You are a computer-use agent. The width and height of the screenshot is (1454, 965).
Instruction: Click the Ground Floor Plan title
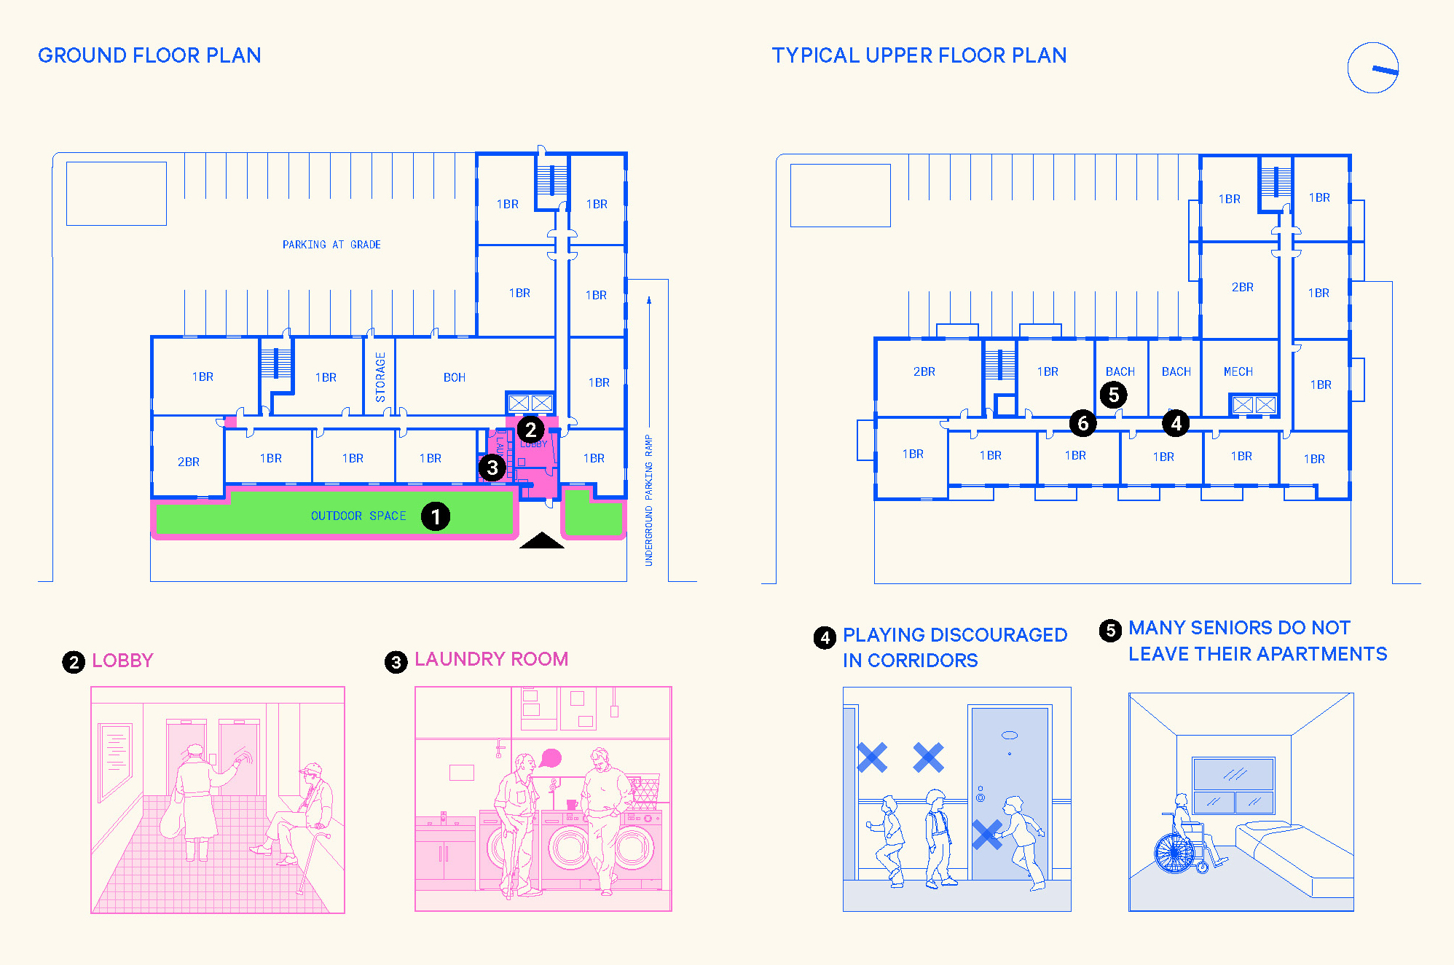pos(149,55)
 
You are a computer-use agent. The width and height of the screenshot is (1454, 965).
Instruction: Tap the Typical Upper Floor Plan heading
pos(919,55)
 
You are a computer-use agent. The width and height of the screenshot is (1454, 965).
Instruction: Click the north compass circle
pos(1372,68)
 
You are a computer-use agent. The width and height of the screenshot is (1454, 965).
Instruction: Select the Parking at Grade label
pos(331,245)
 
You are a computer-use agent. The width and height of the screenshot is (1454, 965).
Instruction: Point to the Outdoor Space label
pos(358,516)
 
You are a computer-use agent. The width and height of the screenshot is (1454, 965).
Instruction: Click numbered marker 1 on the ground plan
pos(436,516)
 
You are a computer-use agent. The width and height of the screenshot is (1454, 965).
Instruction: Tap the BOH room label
pos(454,377)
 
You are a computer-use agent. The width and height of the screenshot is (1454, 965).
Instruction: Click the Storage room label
pos(380,377)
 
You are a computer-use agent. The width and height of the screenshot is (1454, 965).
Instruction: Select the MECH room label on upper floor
pos(1238,371)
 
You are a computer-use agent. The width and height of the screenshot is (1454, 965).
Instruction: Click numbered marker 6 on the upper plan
pos(1083,423)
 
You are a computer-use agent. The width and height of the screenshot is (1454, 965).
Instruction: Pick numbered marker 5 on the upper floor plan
pos(1114,395)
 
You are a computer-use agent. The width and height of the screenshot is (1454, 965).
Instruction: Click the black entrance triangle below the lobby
pos(541,540)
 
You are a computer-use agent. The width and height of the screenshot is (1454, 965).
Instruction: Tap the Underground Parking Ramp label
pos(648,500)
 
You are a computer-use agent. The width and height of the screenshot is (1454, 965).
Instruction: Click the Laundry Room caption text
pos(491,659)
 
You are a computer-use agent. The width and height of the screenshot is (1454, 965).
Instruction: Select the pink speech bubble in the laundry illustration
pos(551,758)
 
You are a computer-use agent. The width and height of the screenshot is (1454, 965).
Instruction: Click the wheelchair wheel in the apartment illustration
pos(1174,853)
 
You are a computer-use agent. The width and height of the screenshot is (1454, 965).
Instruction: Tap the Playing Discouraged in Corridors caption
pos(954,647)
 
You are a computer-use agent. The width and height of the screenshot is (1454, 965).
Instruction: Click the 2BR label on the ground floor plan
pos(189,462)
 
